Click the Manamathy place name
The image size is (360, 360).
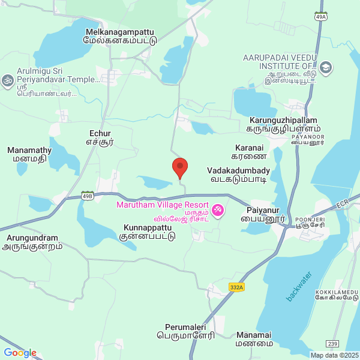(x=29, y=155)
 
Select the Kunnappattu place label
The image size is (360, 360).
(x=149, y=232)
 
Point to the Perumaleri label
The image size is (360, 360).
(x=190, y=332)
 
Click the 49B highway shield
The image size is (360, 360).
(x=88, y=196)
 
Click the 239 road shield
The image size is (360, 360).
(x=333, y=343)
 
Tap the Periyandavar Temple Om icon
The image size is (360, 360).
(x=8, y=80)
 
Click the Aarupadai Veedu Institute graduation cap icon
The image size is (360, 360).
(x=326, y=67)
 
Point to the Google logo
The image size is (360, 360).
(x=20, y=353)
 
